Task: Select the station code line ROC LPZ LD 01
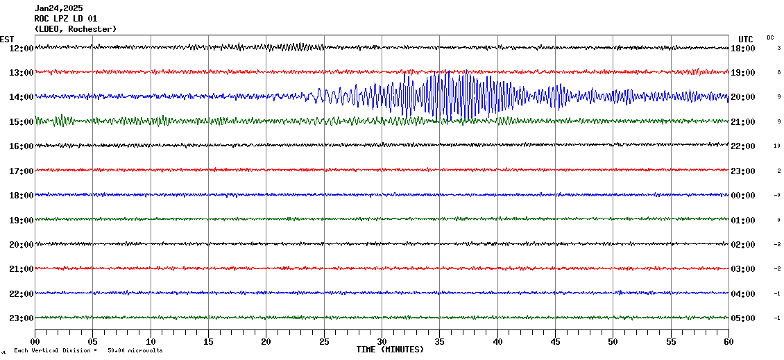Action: [x=66, y=19]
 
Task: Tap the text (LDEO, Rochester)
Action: [x=75, y=29]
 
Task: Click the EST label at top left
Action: [x=7, y=39]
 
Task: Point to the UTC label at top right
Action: [x=746, y=39]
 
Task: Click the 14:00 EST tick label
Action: [x=20, y=97]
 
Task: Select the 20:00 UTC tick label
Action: [x=742, y=97]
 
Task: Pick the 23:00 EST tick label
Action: [x=20, y=318]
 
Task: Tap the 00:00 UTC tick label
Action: [x=742, y=196]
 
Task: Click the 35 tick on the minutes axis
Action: [x=440, y=342]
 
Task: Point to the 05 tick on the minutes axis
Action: [x=93, y=342]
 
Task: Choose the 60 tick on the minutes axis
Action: [x=728, y=342]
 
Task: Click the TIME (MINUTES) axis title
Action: [x=390, y=350]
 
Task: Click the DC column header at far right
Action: [x=770, y=37]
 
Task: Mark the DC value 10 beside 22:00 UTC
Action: [x=778, y=146]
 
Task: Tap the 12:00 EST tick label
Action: [x=20, y=49]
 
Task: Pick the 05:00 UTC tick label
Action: [x=742, y=318]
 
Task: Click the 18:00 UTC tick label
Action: [x=742, y=49]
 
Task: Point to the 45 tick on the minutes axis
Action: [x=555, y=342]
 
